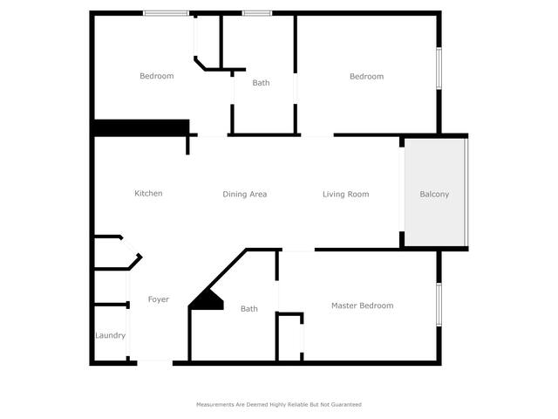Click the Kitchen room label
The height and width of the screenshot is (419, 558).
coord(148,194)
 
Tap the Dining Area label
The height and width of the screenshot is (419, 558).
coord(244,194)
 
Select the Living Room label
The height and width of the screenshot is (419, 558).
coord(345,194)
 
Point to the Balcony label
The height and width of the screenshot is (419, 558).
coord(434,194)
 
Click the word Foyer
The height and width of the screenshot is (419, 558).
coord(159,299)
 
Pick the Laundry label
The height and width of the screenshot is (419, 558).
coord(111,335)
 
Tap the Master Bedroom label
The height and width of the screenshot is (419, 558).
coord(363,306)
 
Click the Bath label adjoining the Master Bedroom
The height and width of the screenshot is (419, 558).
coord(249,308)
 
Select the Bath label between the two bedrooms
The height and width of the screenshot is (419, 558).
coord(261,83)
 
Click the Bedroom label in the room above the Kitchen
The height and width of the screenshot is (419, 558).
coord(157,76)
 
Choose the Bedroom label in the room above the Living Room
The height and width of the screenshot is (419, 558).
coord(366,76)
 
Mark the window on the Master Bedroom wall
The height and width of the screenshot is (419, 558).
coord(439,305)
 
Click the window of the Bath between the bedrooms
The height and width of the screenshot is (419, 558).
coord(257,14)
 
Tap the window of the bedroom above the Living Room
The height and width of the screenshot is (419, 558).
coord(439,68)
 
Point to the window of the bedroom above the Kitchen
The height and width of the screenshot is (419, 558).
coord(167,14)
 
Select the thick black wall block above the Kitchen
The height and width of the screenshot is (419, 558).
coord(141,127)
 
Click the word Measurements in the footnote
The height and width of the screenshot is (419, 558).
coord(215,404)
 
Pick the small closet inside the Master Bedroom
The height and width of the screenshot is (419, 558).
coord(289,338)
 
